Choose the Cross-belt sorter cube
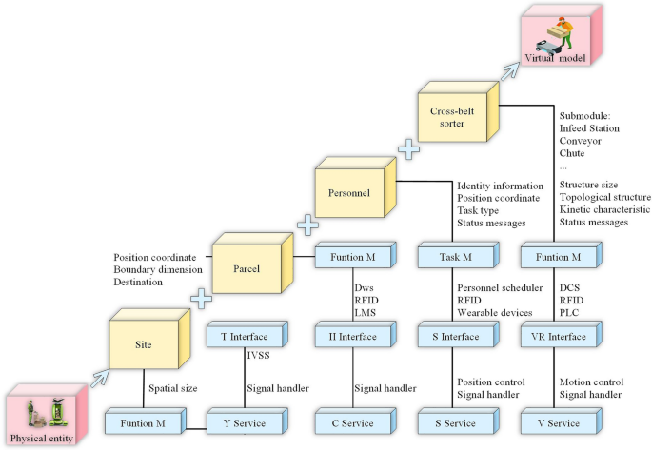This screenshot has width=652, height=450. point(453,118)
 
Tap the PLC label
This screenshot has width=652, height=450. point(569,312)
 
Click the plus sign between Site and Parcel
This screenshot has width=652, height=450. point(201,300)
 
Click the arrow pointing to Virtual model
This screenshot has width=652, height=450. point(512,65)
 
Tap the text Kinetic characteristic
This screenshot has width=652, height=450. point(604,209)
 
